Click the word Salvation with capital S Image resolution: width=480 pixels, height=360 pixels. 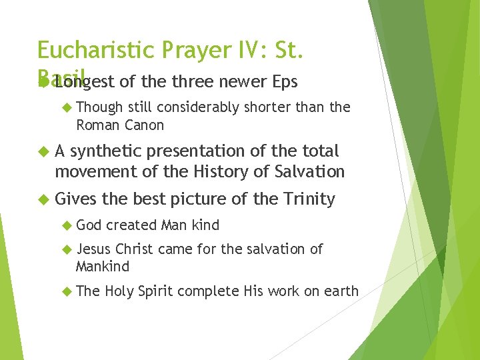(x=311, y=171)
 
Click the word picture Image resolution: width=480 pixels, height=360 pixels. (x=203, y=199)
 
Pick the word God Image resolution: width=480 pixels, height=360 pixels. (x=89, y=225)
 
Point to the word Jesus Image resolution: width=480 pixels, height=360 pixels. (x=94, y=249)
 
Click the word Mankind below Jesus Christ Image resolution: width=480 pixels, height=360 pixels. (x=103, y=266)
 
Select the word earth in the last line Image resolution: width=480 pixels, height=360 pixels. (x=341, y=291)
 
